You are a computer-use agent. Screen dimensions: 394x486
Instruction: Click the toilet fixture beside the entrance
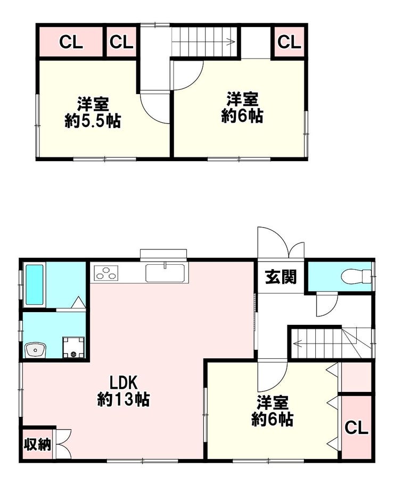356,276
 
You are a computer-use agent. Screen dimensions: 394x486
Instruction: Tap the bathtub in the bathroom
34,284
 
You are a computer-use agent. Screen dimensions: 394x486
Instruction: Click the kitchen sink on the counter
166,273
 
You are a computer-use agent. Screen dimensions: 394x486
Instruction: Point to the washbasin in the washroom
35,350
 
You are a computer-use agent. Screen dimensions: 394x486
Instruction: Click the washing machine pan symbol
73,347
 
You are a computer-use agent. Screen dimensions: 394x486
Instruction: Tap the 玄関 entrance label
281,277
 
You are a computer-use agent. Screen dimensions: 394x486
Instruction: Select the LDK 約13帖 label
124,391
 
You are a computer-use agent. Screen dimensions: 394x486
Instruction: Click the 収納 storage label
38,445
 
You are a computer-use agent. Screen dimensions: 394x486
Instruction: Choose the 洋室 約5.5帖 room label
93,113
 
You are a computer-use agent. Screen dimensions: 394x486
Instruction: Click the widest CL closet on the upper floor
71,42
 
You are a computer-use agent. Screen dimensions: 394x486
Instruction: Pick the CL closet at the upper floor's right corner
289,42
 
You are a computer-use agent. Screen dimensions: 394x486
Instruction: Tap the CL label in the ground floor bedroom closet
356,428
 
